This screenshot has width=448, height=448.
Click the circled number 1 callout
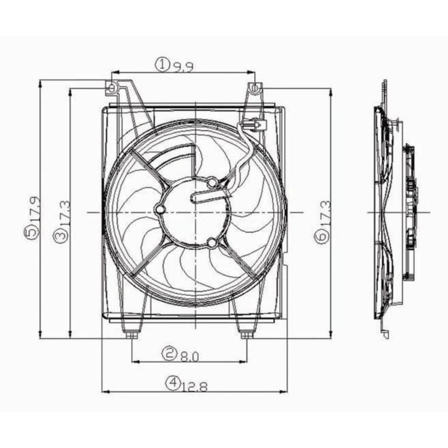[162, 64]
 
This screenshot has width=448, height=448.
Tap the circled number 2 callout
[169, 354]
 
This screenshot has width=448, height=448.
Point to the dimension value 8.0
[189, 356]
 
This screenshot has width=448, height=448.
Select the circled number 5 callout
[31, 232]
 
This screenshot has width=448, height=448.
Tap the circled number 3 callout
[62, 236]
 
